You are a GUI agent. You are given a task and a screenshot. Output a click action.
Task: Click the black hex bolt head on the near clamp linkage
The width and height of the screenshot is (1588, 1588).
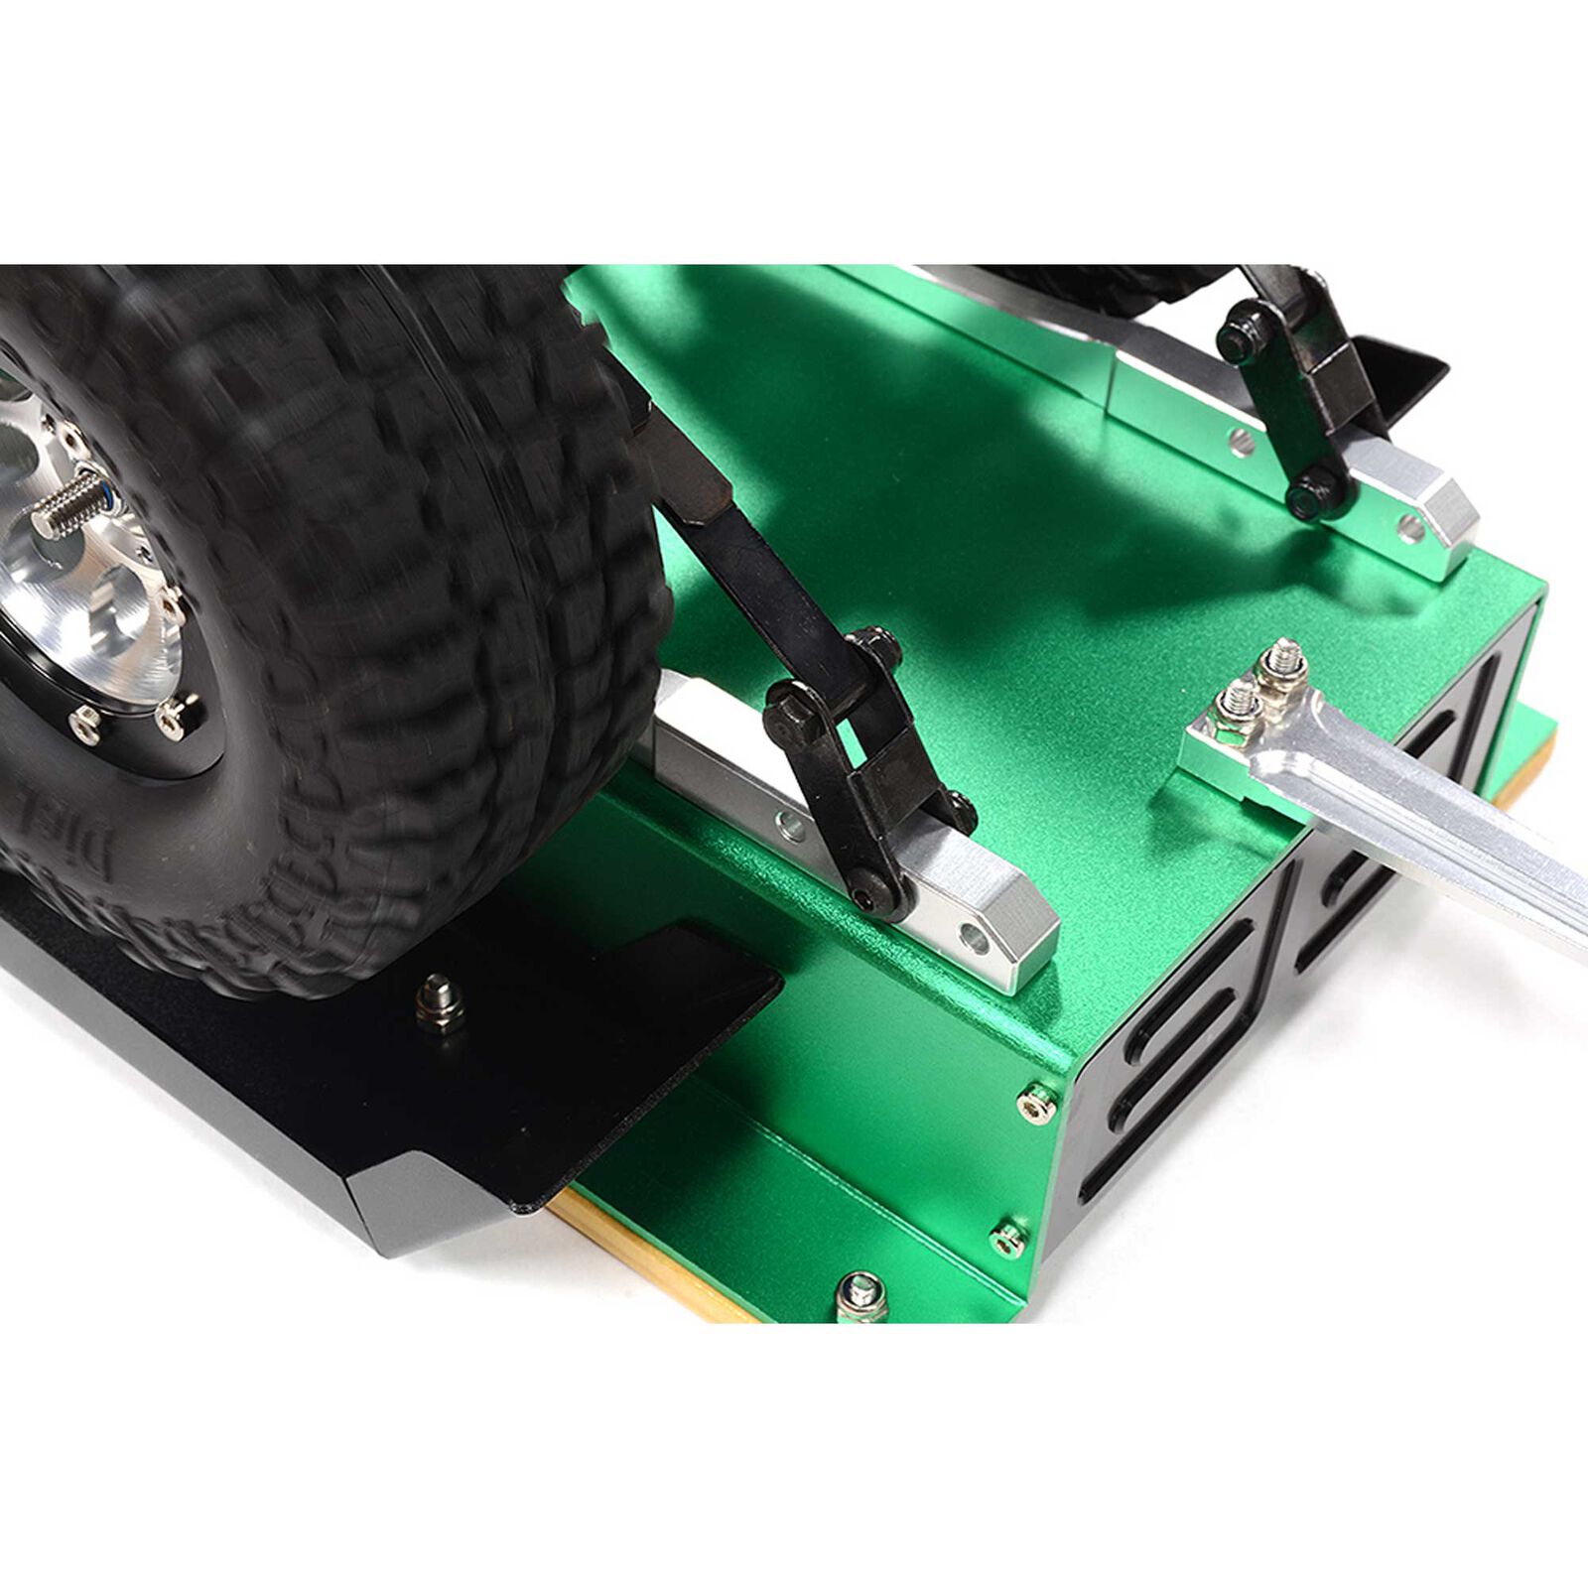(x=789, y=708)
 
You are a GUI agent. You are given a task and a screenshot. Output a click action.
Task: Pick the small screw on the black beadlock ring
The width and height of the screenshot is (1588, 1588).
(x=171, y=715)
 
